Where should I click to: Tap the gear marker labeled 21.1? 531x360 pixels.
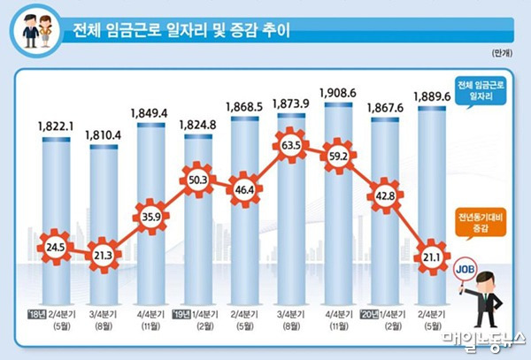[x=431, y=257]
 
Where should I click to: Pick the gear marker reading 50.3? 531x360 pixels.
[x=197, y=180]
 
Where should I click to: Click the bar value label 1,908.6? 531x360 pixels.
[x=338, y=92]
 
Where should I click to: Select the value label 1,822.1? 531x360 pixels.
[x=55, y=126]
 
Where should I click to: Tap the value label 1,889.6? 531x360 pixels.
[x=432, y=96]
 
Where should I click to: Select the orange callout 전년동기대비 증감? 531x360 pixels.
[x=483, y=220]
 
